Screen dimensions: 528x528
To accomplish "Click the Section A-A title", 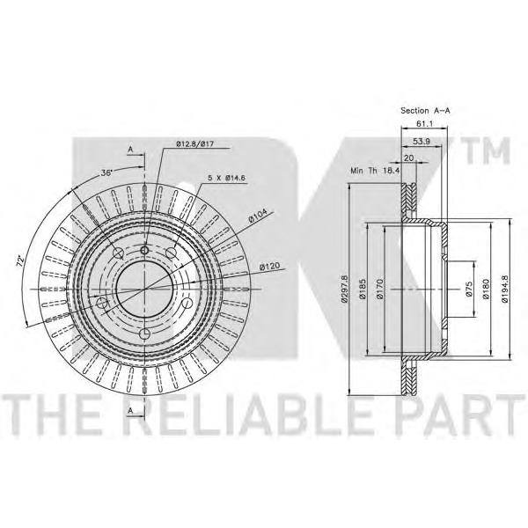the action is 425,111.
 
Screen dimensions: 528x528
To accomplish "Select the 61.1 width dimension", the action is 425,123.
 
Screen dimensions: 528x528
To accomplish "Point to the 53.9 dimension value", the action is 422,142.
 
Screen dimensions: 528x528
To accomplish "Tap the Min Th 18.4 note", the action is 375,171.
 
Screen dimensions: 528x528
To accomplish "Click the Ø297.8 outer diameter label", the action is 345,289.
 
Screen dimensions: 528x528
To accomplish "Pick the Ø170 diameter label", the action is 380,289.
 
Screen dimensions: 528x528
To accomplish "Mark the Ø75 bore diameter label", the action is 469,289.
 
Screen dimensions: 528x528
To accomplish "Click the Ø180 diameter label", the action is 485,289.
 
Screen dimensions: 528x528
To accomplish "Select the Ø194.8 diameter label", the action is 504,289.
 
